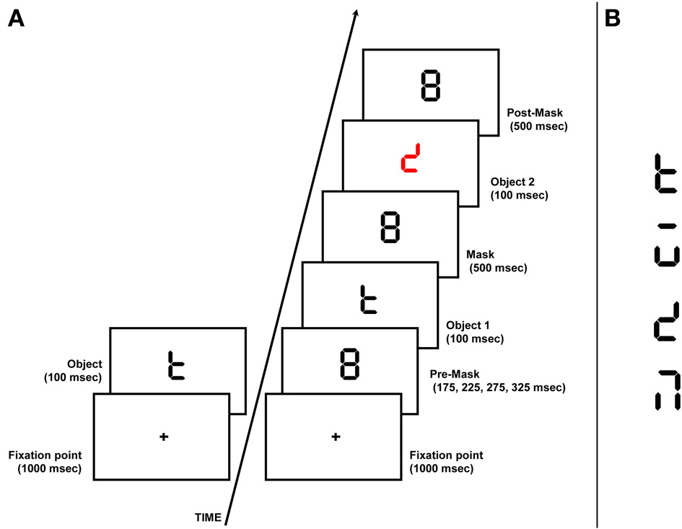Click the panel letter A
(16, 19)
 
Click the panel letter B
(613, 19)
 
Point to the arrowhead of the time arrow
(355, 13)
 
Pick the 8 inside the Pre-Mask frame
(349, 363)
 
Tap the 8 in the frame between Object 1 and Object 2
(390, 227)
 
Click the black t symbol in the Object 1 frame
(369, 297)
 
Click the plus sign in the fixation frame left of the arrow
(163, 436)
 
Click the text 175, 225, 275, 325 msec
(499, 388)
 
